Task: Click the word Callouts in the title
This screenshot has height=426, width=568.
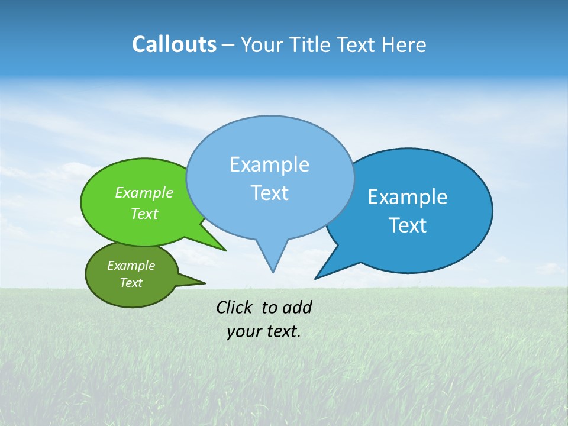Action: (x=174, y=44)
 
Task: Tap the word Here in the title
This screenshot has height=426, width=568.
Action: (x=404, y=44)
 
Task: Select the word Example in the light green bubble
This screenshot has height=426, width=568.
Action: (x=144, y=192)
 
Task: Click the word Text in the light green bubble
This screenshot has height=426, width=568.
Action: (x=144, y=214)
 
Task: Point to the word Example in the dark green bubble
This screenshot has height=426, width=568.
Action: (x=131, y=266)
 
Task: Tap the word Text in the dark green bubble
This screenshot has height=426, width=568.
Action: (x=131, y=283)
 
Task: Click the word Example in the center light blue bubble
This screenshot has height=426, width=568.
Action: (x=269, y=164)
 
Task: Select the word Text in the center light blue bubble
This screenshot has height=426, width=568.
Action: (x=269, y=193)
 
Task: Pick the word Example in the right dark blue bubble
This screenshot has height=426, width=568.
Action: (x=408, y=197)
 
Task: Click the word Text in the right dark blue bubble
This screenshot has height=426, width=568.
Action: (x=408, y=225)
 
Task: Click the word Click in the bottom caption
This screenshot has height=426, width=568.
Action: (x=234, y=307)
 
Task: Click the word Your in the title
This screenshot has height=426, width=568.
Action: (x=261, y=44)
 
